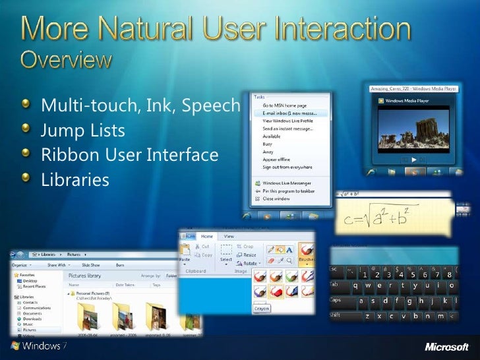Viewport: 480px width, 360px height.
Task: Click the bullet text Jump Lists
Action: [x=82, y=131]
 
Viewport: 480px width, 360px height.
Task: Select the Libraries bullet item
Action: [x=75, y=179]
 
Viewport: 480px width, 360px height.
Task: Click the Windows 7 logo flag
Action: [x=15, y=345]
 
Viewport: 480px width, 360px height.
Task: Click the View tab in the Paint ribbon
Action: [x=229, y=236]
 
